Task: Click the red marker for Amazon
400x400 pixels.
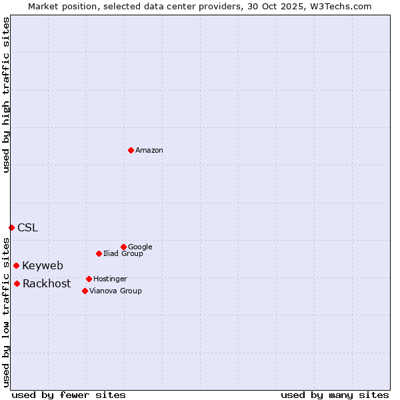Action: pyautogui.click(x=131, y=150)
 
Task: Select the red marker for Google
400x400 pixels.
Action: pyautogui.click(x=123, y=247)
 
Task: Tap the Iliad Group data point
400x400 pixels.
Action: pyautogui.click(x=99, y=253)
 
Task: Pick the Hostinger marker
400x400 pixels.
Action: pyautogui.click(x=89, y=279)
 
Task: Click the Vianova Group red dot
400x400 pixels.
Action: pyautogui.click(x=85, y=291)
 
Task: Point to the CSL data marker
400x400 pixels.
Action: pyautogui.click(x=11, y=227)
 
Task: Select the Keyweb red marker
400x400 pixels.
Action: pyautogui.click(x=16, y=265)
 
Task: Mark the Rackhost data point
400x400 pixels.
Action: pyautogui.click(x=17, y=283)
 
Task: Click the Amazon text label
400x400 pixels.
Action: pyautogui.click(x=149, y=151)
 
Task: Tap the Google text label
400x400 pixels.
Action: pyautogui.click(x=140, y=247)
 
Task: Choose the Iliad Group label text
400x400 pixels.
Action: pyautogui.click(x=123, y=253)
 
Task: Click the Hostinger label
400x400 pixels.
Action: pyautogui.click(x=110, y=279)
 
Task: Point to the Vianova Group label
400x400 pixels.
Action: pyautogui.click(x=115, y=291)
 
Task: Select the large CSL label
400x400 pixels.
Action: pyautogui.click(x=28, y=227)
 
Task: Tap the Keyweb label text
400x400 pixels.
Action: pyautogui.click(x=43, y=265)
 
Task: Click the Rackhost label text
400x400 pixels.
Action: pyautogui.click(x=47, y=283)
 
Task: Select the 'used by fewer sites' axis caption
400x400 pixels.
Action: pyautogui.click(x=69, y=395)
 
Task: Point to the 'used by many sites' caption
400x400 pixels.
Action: pyautogui.click(x=335, y=395)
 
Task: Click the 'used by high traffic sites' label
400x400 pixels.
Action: pyautogui.click(x=6, y=95)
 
